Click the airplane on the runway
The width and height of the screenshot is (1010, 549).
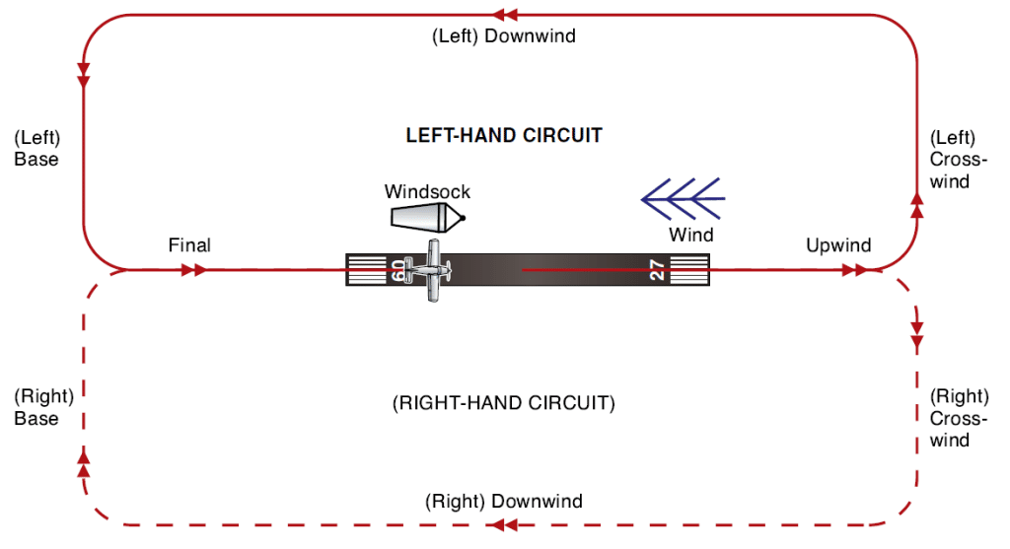tap(432, 269)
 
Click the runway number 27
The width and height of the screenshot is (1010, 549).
tap(656, 270)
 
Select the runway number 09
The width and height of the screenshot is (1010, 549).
tap(398, 270)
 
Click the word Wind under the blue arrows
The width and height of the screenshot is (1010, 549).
tap(690, 235)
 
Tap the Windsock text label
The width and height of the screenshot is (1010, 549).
tap(427, 191)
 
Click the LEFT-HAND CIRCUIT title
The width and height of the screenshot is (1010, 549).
tap(504, 136)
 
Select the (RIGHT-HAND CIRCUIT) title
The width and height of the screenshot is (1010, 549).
tap(504, 403)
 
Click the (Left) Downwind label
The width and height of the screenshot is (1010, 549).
tap(504, 36)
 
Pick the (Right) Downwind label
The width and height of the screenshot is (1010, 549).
tap(504, 501)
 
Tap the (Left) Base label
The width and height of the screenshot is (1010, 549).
tap(37, 148)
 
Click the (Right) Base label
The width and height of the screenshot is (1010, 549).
tap(43, 407)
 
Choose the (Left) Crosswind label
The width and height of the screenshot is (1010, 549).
tap(954, 160)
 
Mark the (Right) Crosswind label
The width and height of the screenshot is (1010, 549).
tap(959, 418)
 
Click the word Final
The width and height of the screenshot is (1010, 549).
tap(189, 244)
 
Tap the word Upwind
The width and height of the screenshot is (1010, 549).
tap(838, 244)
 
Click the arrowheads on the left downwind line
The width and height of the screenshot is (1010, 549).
tap(505, 15)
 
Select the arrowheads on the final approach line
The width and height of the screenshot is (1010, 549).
tap(193, 269)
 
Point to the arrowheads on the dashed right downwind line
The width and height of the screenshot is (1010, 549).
tap(505, 525)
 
